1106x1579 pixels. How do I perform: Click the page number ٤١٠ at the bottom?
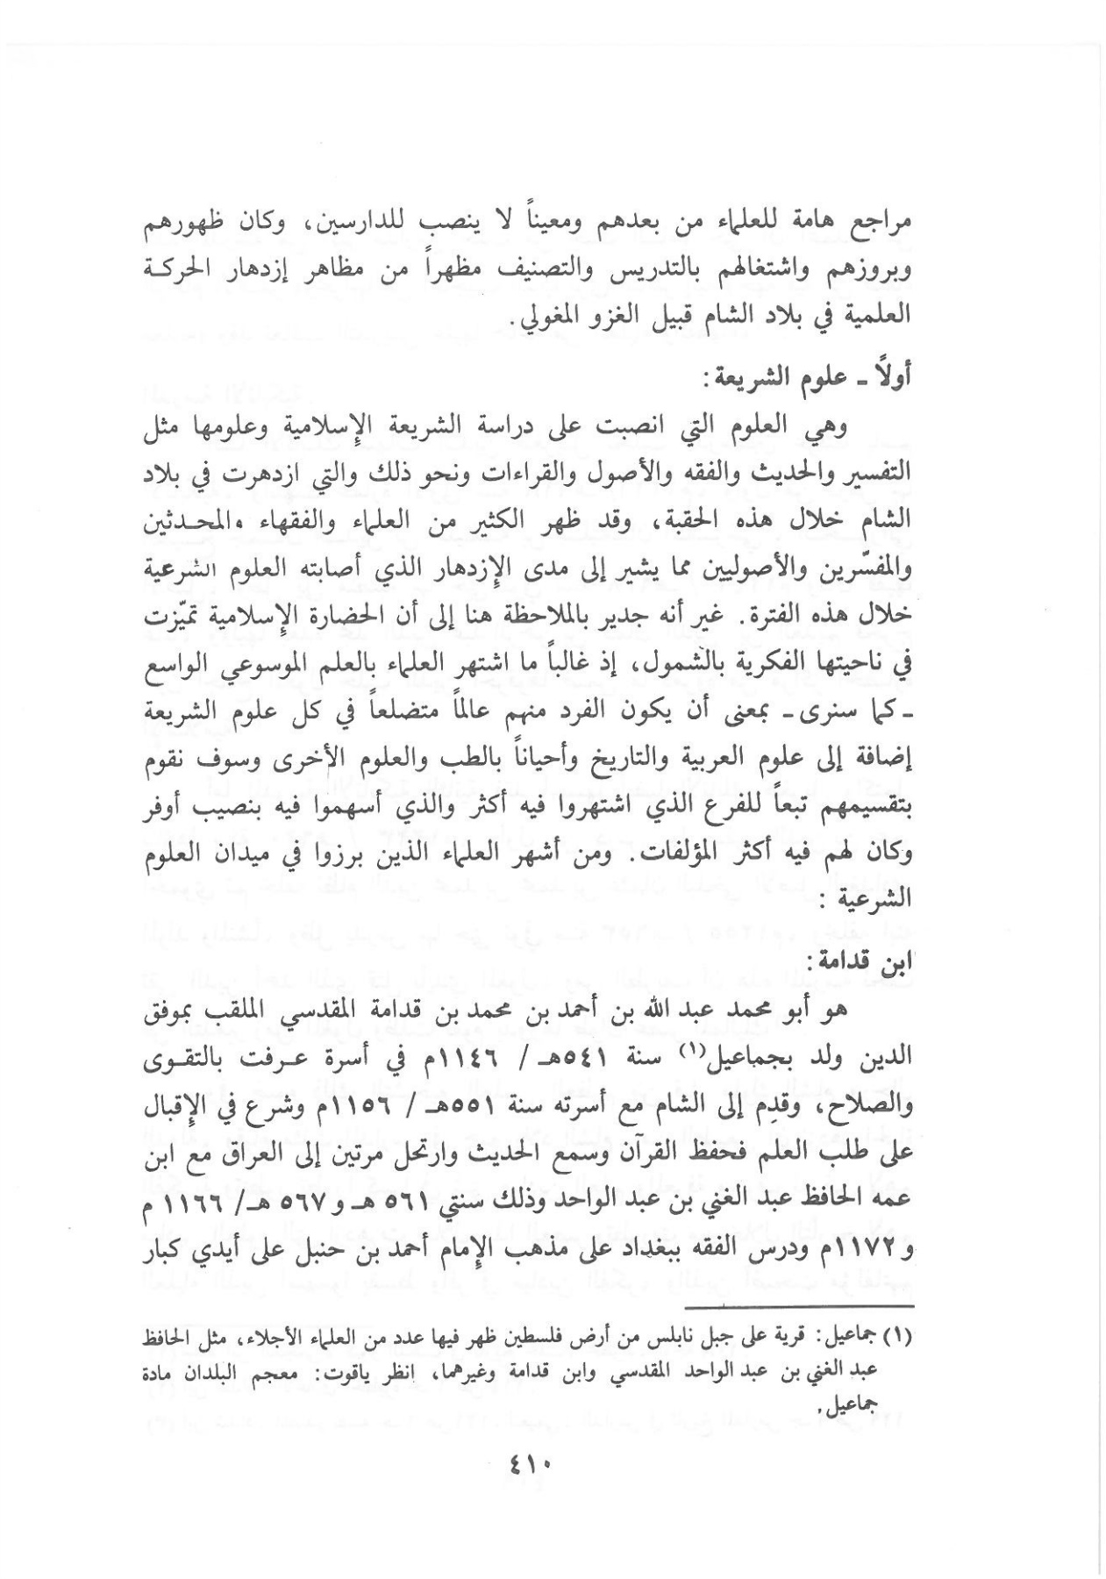(526, 1463)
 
